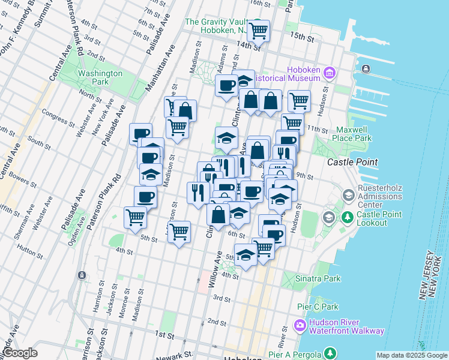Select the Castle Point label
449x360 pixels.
tap(352, 162)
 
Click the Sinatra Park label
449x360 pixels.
tap(320, 278)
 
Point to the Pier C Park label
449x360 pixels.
tap(318, 307)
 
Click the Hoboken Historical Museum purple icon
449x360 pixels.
tap(329, 73)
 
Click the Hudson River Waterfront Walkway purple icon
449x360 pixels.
tap(300, 326)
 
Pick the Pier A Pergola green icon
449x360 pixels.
tap(329, 353)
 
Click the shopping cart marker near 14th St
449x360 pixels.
tap(258, 31)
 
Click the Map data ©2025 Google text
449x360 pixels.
tap(411, 355)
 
